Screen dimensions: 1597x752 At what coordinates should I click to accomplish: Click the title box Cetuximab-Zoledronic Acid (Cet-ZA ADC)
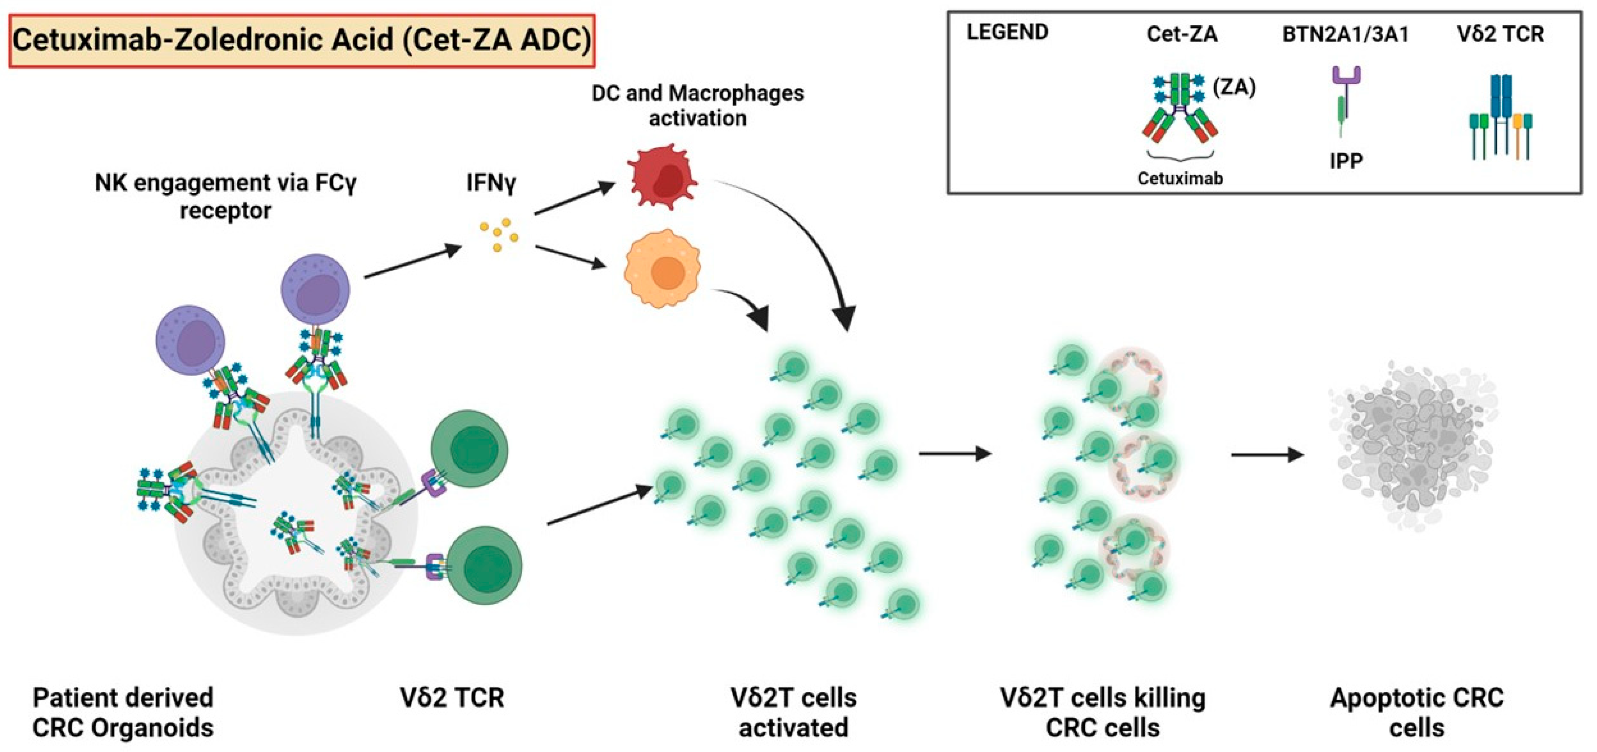tap(302, 40)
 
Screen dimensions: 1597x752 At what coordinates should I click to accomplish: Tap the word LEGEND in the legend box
tap(1007, 32)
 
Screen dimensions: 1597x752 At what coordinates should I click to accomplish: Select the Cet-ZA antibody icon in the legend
tap(1180, 108)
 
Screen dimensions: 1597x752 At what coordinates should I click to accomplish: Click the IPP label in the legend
tap(1346, 161)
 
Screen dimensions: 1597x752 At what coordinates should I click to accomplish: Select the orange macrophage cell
tap(662, 269)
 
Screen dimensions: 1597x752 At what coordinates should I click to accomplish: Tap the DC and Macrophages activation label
tap(698, 105)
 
